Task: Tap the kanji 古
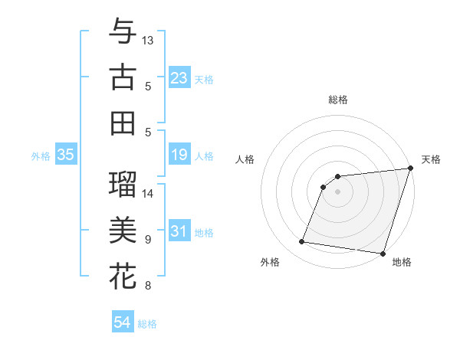[123, 77]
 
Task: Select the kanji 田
[123, 123]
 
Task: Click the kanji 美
[123, 230]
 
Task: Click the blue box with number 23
[179, 78]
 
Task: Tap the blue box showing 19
[179, 155]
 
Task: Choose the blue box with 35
[66, 155]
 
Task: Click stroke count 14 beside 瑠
[148, 193]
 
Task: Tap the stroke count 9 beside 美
[148, 240]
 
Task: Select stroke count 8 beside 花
[148, 286]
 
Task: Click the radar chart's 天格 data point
[409, 169]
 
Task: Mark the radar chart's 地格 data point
[382, 254]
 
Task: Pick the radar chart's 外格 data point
[302, 242]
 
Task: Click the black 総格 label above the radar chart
[338, 100]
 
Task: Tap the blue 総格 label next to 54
[147, 324]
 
